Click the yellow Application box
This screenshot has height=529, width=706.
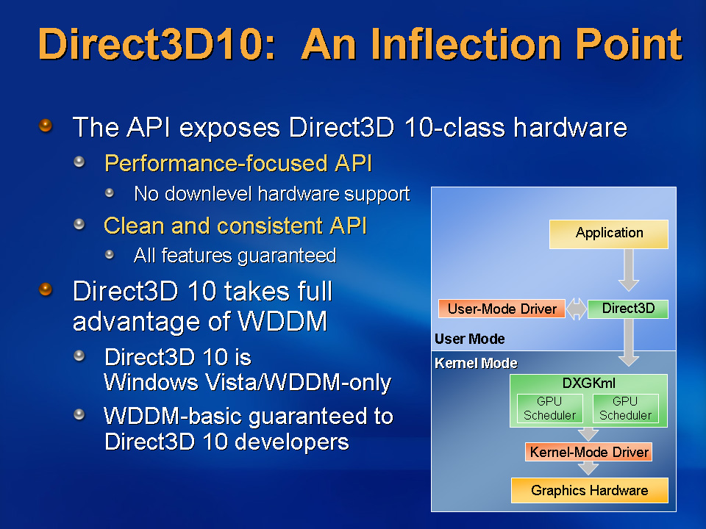click(609, 234)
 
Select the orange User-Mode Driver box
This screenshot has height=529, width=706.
click(502, 309)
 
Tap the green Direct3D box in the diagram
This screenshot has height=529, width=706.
click(628, 309)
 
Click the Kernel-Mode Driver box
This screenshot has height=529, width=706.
click(588, 452)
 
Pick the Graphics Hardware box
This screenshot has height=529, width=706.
click(589, 490)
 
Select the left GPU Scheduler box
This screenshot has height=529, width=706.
click(550, 409)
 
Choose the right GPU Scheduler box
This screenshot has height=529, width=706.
click(625, 409)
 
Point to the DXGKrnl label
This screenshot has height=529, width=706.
click(588, 384)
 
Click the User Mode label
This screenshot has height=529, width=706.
click(470, 339)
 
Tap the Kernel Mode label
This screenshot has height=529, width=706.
click(476, 363)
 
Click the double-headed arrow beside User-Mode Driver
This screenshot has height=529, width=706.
click(577, 309)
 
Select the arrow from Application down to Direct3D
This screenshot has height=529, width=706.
click(629, 270)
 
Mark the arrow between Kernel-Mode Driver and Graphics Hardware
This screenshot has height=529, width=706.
click(588, 468)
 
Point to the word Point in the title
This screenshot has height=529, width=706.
click(630, 44)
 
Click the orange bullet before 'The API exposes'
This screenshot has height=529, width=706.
click(46, 125)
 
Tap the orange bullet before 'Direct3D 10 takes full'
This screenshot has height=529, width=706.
click(46, 289)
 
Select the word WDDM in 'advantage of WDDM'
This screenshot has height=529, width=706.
click(282, 321)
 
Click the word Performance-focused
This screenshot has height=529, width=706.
click(215, 163)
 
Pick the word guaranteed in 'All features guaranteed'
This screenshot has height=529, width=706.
click(287, 256)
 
